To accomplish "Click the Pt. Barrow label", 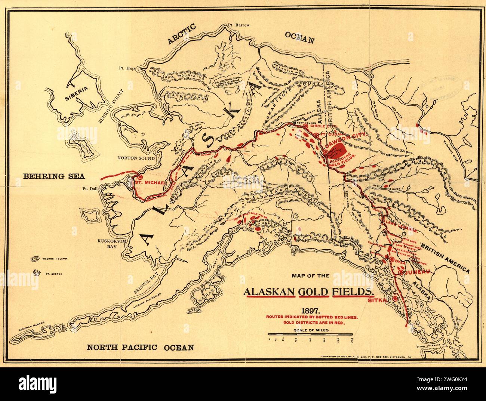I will coord(238,25).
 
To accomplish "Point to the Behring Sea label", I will coord(49,176).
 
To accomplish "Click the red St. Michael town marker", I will coord(141,178).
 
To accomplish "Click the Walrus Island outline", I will coord(36,259).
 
